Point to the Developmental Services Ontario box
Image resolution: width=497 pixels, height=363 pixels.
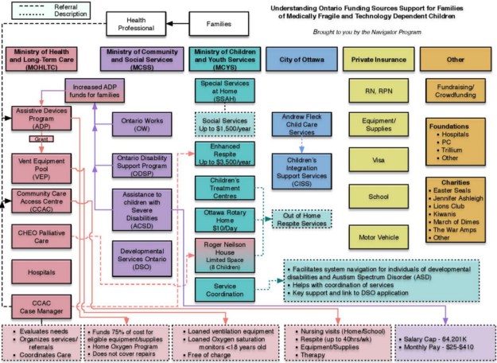coord(142,254)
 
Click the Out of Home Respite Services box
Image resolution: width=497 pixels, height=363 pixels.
coord(301,218)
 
